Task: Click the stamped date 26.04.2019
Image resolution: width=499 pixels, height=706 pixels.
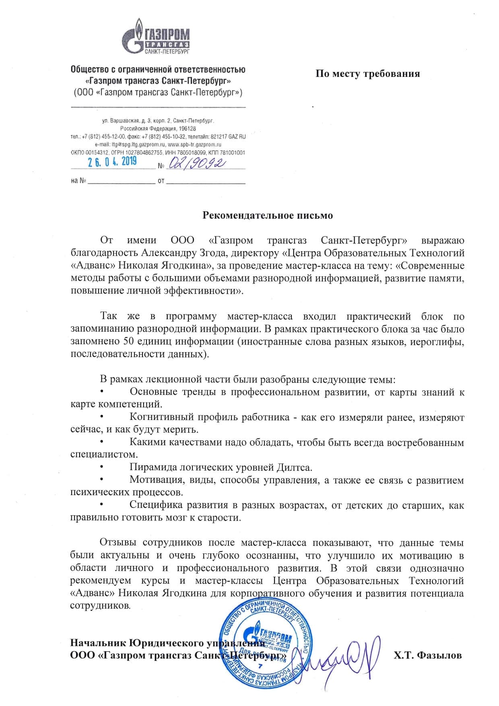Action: [x=112, y=162]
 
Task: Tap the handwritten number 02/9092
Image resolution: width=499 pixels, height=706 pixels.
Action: [x=197, y=163]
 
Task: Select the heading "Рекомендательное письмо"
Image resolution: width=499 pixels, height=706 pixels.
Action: [x=268, y=215]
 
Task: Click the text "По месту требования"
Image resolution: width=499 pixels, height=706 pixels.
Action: [x=367, y=74]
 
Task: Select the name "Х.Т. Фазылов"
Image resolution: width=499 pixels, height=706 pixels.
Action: [x=427, y=655]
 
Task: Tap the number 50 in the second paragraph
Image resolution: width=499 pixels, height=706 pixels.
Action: [x=126, y=342]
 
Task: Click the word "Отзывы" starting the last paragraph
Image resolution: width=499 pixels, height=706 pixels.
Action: [x=117, y=543]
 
